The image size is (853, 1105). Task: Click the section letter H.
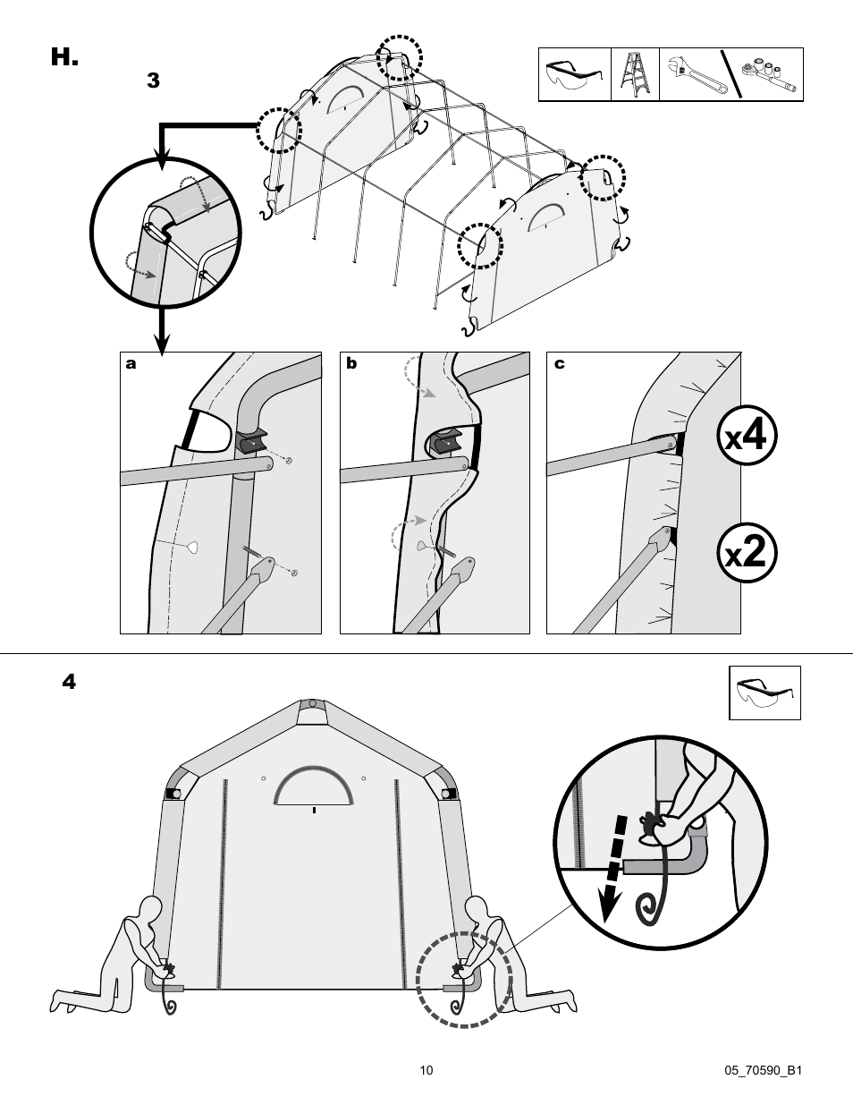click(x=64, y=58)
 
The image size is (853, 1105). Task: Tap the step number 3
click(x=153, y=81)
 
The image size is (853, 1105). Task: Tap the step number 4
click(x=69, y=682)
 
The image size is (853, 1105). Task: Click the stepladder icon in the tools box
click(x=635, y=74)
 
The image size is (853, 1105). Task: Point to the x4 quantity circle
click(x=747, y=436)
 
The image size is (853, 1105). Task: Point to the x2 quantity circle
click(x=747, y=554)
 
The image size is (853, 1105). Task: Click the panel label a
click(x=131, y=363)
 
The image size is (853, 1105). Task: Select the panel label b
click(x=351, y=363)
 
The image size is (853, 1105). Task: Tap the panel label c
click(x=559, y=363)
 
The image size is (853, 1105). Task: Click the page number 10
click(x=426, y=1070)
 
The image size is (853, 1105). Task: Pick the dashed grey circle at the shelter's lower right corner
click(x=464, y=980)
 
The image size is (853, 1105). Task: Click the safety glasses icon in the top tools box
click(x=573, y=74)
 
